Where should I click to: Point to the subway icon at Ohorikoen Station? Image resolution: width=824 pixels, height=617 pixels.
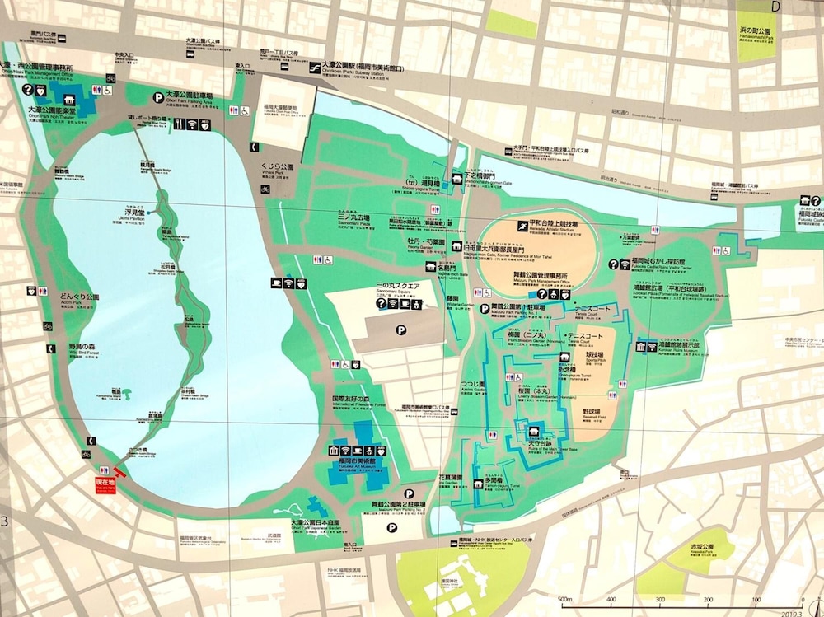pyautogui.click(x=315, y=68)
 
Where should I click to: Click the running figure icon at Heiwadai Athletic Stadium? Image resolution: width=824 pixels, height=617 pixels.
pyautogui.click(x=522, y=225)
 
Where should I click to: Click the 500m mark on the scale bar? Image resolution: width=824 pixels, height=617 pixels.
pyautogui.click(x=565, y=600)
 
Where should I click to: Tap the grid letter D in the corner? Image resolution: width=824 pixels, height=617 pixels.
pyautogui.click(x=775, y=7)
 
